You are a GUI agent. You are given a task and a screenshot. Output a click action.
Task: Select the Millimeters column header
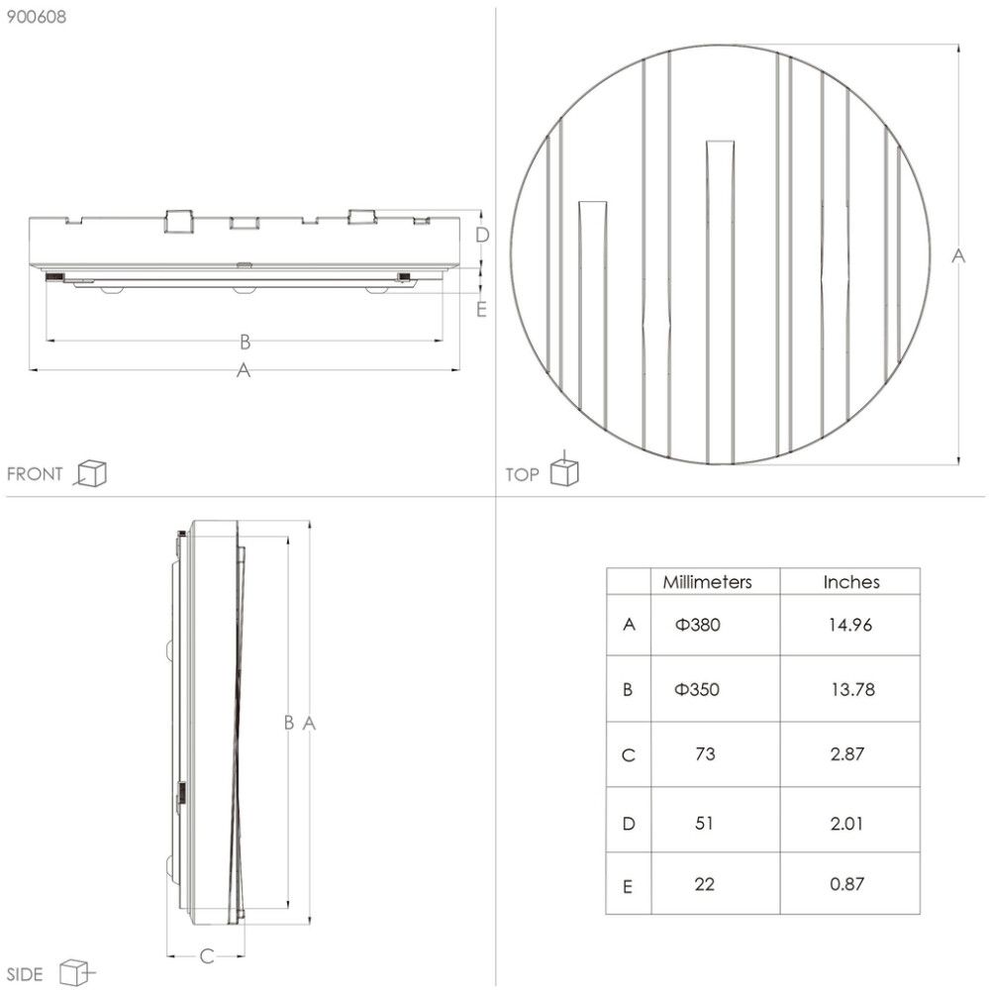[707, 582]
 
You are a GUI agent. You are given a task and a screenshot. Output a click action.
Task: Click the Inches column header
[850, 582]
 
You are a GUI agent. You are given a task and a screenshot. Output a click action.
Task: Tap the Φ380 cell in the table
[697, 625]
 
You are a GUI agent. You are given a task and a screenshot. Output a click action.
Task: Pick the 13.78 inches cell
[850, 690]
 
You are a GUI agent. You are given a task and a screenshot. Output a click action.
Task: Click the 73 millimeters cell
[705, 754]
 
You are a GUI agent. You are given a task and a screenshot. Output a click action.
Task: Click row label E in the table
[628, 886]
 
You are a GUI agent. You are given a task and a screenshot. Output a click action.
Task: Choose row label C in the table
[628, 755]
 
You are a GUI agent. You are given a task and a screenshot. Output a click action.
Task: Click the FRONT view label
[35, 474]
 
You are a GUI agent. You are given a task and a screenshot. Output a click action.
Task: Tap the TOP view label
[523, 475]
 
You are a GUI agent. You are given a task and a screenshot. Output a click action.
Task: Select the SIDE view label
[26, 974]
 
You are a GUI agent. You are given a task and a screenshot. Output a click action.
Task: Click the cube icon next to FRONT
[91, 473]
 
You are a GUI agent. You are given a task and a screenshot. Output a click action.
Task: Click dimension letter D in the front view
[482, 235]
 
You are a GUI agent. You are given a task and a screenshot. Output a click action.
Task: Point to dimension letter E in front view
[481, 309]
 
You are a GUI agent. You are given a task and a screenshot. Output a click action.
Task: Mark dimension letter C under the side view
[206, 956]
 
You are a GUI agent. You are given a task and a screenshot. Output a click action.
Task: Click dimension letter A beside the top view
[957, 255]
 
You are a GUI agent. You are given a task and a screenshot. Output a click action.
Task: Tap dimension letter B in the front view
[245, 343]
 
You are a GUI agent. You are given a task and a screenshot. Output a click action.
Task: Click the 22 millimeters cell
[705, 884]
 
